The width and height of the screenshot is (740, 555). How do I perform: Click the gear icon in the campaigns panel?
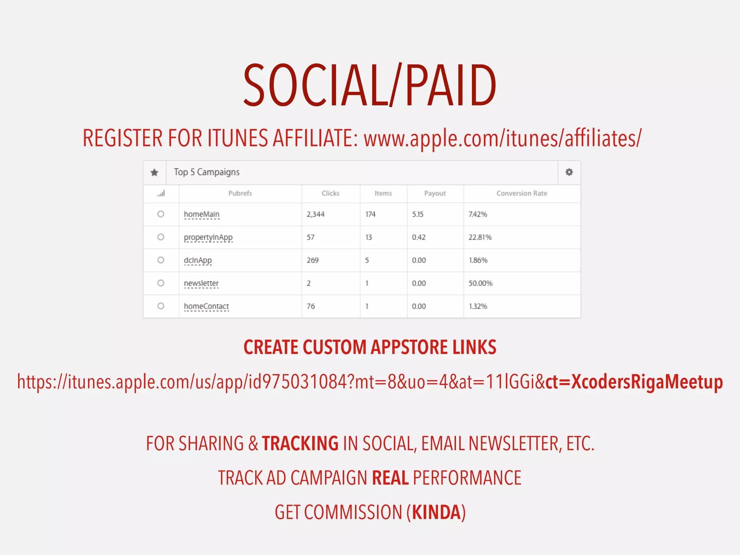point(569,172)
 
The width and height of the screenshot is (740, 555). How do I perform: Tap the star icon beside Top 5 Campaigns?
point(154,172)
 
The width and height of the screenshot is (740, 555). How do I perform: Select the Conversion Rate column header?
point(521,193)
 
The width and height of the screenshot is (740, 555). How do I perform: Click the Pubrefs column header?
point(240,193)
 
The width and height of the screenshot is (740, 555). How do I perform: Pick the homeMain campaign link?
point(202,214)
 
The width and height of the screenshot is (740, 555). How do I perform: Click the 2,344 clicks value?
point(315,214)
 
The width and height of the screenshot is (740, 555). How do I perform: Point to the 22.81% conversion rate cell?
point(480,237)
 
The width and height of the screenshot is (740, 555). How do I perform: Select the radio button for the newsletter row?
point(161,283)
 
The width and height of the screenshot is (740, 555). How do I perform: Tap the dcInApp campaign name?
point(198,260)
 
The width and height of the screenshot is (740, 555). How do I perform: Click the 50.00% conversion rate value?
point(480,283)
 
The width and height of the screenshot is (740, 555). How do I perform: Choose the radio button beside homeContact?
point(161,306)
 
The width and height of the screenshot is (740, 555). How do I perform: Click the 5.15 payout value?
point(417,214)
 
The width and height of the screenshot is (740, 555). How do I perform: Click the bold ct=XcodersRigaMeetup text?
point(634,382)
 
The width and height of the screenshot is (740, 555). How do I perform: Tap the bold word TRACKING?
point(300,443)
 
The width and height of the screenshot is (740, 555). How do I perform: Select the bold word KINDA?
point(436,512)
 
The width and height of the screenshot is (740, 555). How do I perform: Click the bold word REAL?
point(390,478)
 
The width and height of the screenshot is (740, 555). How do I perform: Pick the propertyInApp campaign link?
point(208,237)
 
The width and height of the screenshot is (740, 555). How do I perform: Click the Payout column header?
point(435,193)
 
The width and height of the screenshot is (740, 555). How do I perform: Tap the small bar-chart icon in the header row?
point(161,193)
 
